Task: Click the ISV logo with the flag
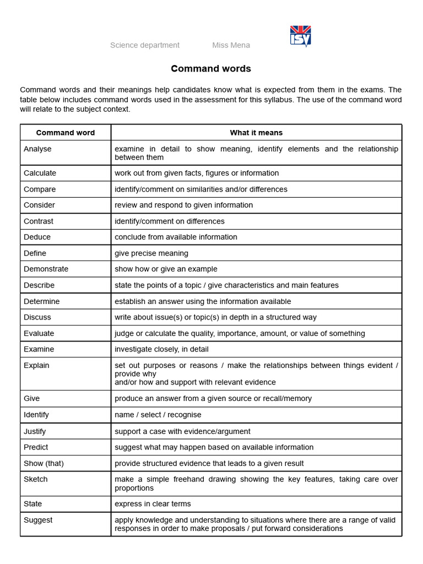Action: [x=300, y=36]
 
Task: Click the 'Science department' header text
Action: [x=145, y=45]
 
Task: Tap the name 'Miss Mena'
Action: [x=231, y=45]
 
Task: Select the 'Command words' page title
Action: [x=211, y=69]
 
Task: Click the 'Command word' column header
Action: [x=66, y=133]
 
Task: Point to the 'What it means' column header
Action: [x=256, y=133]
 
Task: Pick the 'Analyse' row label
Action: [x=37, y=149]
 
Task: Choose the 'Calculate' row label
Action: [x=40, y=173]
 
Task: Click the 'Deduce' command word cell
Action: [x=37, y=237]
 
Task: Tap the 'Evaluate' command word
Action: [x=39, y=333]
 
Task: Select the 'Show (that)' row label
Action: [x=44, y=463]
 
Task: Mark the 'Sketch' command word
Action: [x=35, y=479]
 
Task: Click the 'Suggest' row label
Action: [x=38, y=520]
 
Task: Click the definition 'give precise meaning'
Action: [x=151, y=253]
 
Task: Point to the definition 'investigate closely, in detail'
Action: [x=161, y=349]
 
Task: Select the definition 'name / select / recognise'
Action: [x=158, y=415]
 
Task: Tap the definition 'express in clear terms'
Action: [x=153, y=503]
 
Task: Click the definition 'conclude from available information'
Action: [x=176, y=237]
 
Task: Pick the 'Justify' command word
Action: [x=35, y=431]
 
